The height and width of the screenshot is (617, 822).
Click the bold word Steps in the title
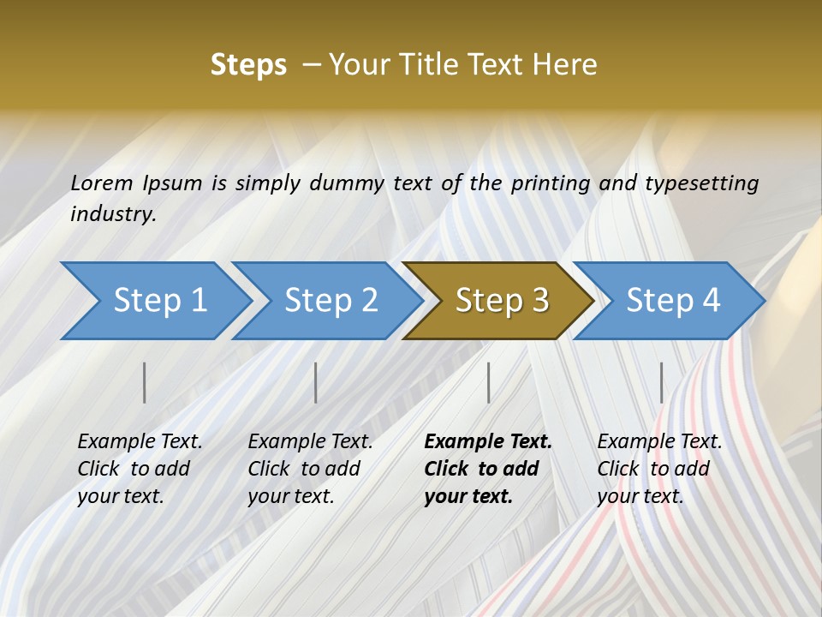click(248, 65)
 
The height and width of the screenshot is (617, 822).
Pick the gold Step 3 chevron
click(502, 300)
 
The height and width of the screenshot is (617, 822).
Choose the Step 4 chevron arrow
click(673, 300)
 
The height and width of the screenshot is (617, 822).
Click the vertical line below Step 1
click(145, 382)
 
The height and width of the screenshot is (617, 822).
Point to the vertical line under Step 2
click(316, 382)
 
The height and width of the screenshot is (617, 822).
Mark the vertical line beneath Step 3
click(489, 382)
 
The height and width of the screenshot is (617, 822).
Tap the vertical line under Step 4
click(662, 382)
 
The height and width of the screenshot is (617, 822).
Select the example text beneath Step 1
click(140, 469)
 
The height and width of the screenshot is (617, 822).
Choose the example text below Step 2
click(310, 469)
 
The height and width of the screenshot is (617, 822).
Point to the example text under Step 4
click(659, 469)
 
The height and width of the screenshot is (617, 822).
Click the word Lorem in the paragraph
click(102, 183)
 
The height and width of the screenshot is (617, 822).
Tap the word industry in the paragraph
click(112, 214)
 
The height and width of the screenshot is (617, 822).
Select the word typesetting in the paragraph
click(701, 183)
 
